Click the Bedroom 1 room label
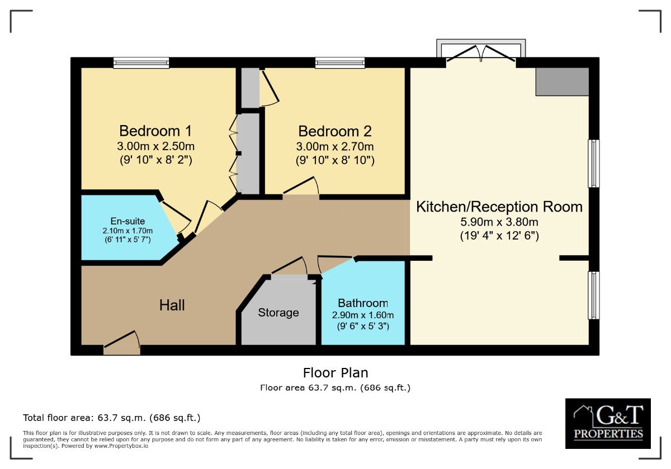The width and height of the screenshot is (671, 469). pos(155,131)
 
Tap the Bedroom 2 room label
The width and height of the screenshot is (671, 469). pos(334,132)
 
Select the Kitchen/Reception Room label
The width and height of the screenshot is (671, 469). pos(499,207)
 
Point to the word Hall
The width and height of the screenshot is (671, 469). pos(172,305)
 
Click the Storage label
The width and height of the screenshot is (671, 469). pos(278,313)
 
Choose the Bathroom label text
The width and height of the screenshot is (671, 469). pos(362,303)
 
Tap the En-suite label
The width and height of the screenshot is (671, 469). pos(127,222)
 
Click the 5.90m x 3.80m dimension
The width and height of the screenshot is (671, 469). pos(499,222)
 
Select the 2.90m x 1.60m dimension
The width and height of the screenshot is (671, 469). pos(362,315)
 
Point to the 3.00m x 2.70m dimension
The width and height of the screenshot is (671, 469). pos(334,147)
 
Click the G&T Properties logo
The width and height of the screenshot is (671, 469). pos(608,423)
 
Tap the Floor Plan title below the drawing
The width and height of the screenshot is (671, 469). pos(335,372)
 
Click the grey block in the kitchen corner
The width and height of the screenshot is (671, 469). pos(562,82)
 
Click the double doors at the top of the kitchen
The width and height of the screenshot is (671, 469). pos(480,55)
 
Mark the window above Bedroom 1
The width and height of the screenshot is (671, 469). pos(141,63)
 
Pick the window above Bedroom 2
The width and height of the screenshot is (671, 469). pos(339,63)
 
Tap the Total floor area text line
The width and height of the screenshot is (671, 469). pos(111,418)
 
